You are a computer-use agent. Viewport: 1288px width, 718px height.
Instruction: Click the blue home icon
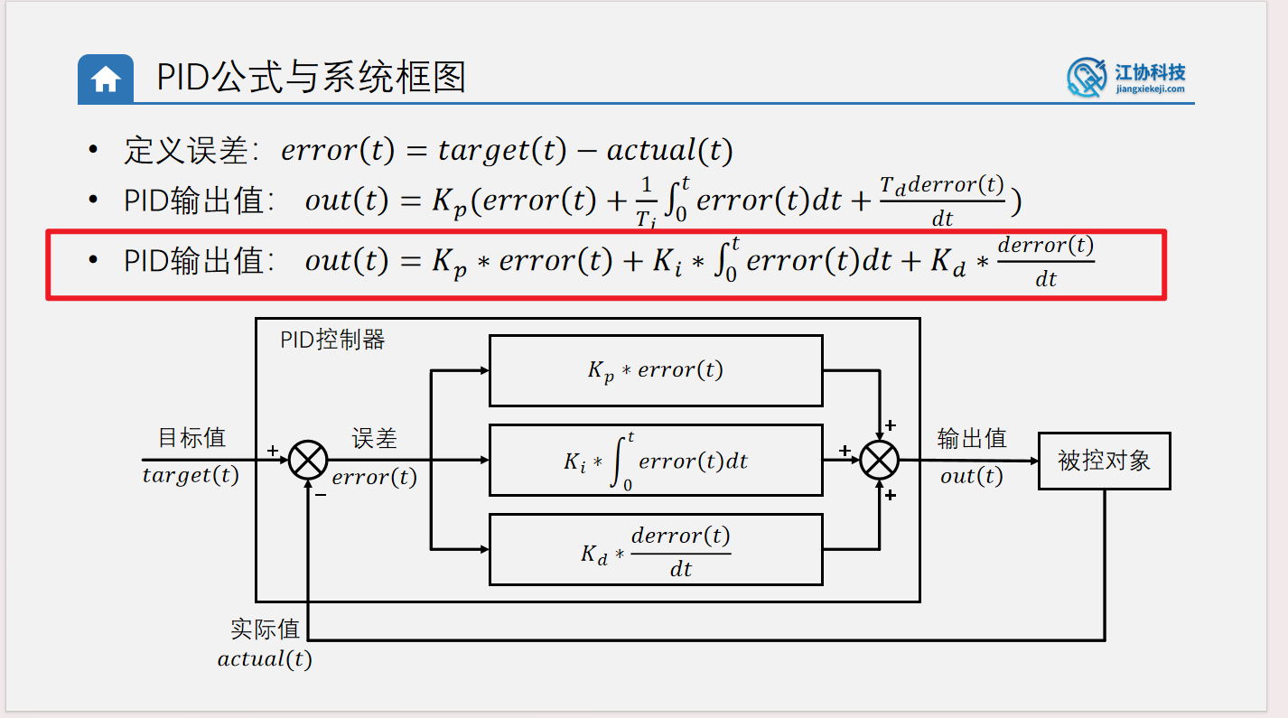[106, 79]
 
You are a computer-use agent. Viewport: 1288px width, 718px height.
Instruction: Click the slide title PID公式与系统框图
[311, 78]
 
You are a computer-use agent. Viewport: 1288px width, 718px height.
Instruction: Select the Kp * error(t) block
[655, 370]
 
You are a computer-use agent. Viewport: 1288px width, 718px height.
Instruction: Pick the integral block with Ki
[655, 461]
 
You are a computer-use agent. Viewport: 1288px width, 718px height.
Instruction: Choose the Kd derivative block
[655, 549]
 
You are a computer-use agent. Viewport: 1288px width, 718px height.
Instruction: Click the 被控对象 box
[1104, 461]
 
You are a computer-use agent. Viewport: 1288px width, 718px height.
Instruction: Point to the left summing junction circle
[308, 461]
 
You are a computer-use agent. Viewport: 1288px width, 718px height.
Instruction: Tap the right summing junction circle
[879, 461]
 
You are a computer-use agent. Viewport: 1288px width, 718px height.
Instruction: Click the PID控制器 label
[332, 340]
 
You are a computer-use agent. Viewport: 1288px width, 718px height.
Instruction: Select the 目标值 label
[191, 438]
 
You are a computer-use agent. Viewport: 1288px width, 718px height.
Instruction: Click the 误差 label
[374, 439]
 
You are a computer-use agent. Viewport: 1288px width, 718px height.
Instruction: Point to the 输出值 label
[971, 439]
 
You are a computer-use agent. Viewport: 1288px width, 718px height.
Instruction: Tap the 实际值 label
[265, 629]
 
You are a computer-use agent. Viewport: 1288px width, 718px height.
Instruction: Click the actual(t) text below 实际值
[265, 659]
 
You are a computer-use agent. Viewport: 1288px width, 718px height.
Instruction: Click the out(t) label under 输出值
[971, 476]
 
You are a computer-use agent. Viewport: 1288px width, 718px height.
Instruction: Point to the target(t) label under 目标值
[191, 475]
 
